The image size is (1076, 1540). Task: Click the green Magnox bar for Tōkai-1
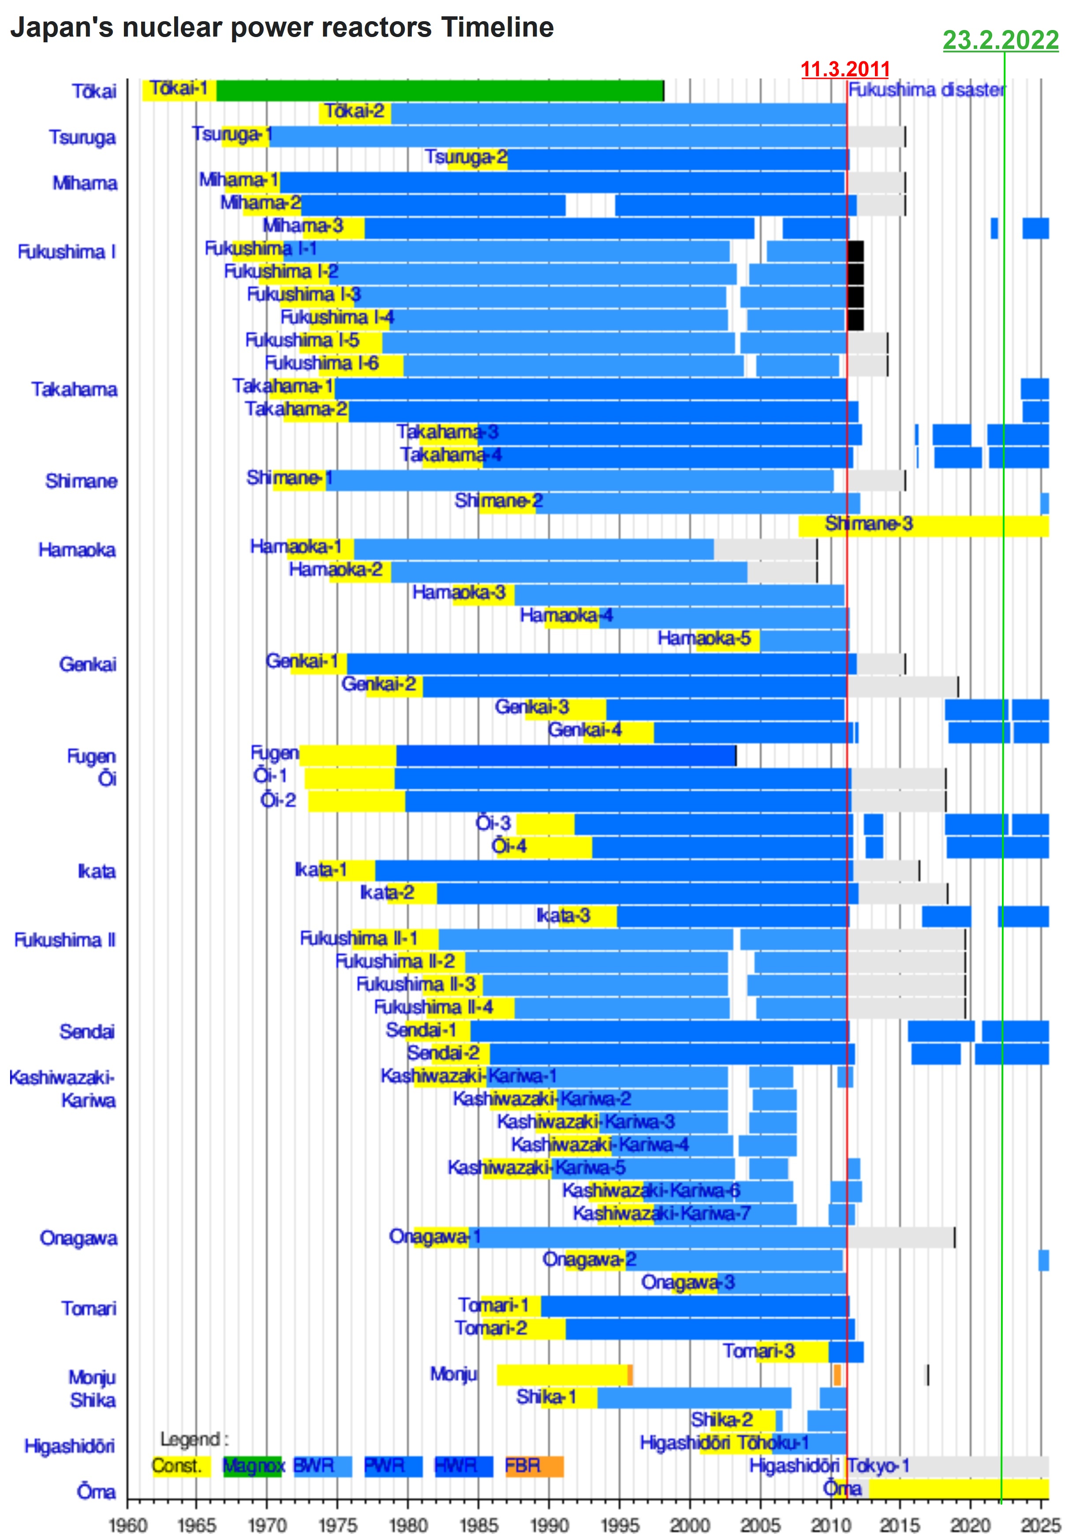coord(439,90)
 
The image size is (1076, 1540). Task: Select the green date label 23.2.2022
coord(1000,40)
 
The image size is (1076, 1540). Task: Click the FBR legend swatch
coord(534,1465)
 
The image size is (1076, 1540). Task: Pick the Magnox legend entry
coord(253,1465)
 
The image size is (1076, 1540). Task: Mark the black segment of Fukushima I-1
coord(856,251)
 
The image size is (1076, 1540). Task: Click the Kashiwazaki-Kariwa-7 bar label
coord(661,1213)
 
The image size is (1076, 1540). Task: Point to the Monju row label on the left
coord(92,1377)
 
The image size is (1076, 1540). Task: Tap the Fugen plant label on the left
coord(91,756)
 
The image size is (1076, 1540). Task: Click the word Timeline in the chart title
coord(497,27)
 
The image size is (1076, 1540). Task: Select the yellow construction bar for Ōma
coord(958,1489)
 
